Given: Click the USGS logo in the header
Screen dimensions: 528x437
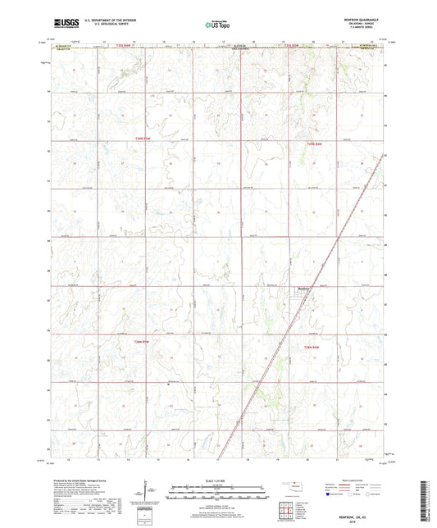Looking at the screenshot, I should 66,25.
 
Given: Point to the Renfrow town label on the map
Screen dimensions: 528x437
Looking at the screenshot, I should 302,287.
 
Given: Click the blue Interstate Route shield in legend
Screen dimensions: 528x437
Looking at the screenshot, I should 328,495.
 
